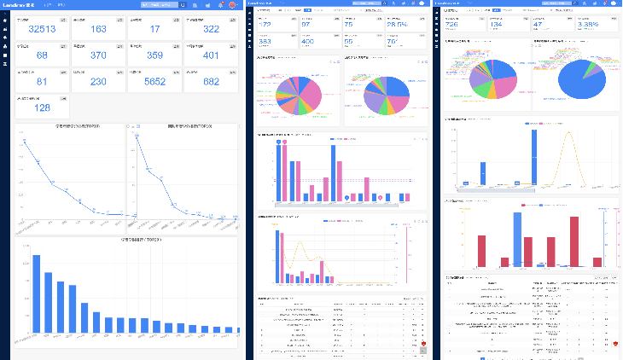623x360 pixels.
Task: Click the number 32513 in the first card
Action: tap(42, 30)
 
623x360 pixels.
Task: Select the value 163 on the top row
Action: tap(98, 30)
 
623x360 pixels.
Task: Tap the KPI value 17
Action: tap(154, 30)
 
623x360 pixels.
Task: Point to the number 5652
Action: tap(154, 82)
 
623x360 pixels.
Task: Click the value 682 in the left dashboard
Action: tap(211, 82)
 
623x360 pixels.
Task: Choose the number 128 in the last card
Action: tap(42, 108)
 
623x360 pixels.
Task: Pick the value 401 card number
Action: tap(211, 55)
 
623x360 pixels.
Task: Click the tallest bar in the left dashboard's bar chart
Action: tap(37, 293)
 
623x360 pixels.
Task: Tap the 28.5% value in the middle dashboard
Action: tap(397, 25)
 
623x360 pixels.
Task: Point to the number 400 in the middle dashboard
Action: tap(307, 41)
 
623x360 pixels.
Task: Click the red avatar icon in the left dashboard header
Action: tap(231, 5)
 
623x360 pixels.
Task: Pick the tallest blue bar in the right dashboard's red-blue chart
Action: tap(517, 239)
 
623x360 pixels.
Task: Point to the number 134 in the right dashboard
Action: tap(498, 25)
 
